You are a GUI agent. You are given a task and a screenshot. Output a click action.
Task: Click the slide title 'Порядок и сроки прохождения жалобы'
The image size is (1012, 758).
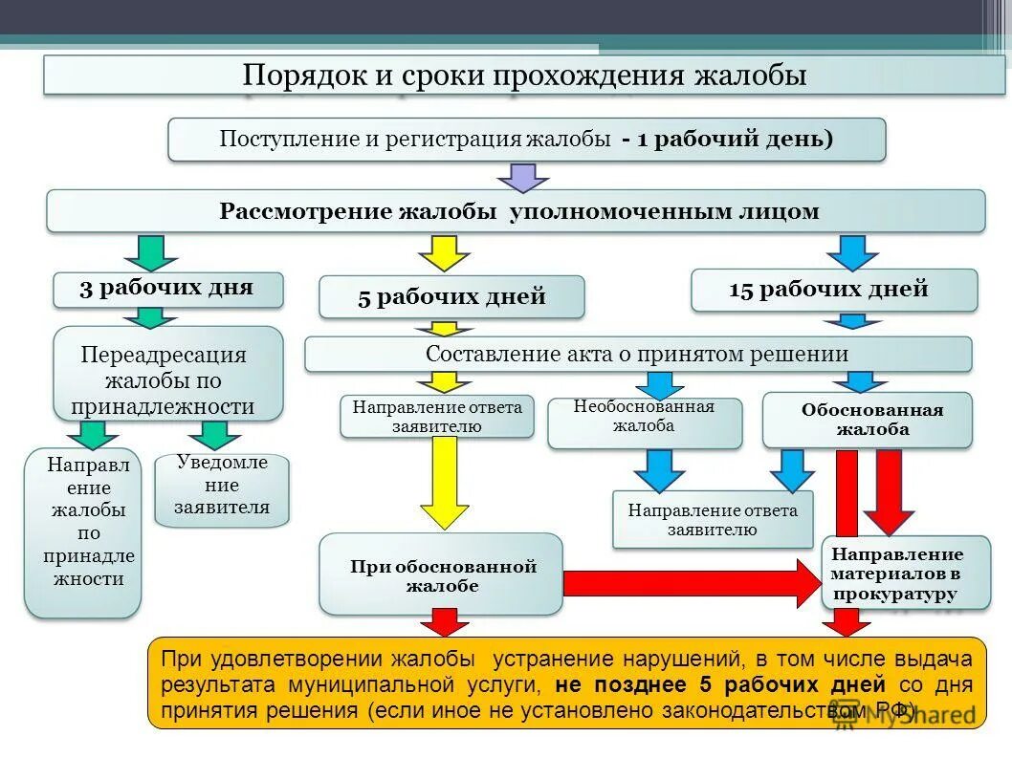click(524, 75)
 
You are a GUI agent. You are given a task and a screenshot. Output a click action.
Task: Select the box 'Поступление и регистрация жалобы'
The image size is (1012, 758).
click(527, 140)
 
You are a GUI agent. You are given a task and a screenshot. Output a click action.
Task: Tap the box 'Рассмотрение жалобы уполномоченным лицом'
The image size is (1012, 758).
click(517, 211)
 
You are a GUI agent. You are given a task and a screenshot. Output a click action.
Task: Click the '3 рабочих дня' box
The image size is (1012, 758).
click(167, 289)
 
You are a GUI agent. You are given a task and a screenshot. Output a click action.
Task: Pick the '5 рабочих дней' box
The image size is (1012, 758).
click(451, 296)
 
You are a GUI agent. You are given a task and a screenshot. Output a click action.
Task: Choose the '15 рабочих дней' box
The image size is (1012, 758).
click(834, 290)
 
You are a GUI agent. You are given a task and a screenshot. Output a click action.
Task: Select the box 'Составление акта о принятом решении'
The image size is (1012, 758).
click(638, 354)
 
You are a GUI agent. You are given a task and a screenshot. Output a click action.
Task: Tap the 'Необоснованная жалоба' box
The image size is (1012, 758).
click(644, 422)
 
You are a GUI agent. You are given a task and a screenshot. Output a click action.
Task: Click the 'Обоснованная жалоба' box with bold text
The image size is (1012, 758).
click(867, 420)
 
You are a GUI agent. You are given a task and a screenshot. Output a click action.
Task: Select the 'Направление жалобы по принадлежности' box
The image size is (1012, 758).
click(83, 532)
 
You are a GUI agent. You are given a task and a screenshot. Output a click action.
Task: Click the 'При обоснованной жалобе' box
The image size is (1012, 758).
click(441, 574)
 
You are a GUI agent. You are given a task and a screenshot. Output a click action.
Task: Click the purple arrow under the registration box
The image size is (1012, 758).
click(523, 177)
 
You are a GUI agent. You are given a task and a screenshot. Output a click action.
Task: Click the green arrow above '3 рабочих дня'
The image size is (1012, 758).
click(150, 252)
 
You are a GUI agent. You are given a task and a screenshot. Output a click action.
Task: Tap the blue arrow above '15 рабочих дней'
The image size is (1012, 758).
click(851, 252)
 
